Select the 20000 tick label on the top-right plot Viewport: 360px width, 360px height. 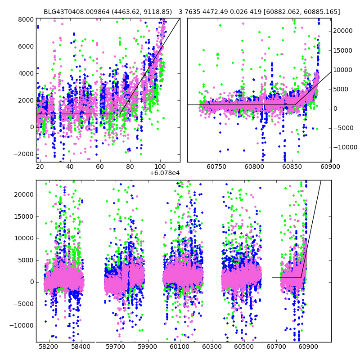(343, 31)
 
